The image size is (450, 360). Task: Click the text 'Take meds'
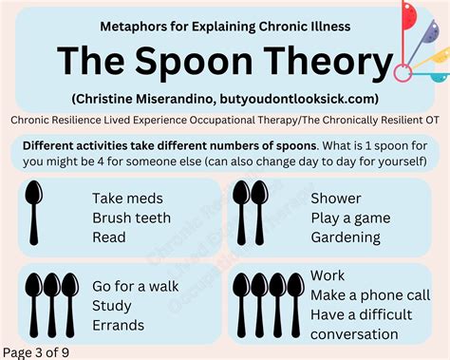[x=127, y=199]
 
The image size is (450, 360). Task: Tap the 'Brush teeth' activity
[x=132, y=218]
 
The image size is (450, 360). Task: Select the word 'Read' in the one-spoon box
[x=109, y=237]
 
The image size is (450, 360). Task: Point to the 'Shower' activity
[x=336, y=199]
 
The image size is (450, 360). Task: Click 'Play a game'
[x=349, y=218]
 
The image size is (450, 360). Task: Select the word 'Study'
[x=111, y=305]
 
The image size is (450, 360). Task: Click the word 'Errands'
[x=119, y=325]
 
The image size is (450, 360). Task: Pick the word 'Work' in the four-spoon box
[x=328, y=275]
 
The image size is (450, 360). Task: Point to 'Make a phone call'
[x=369, y=294]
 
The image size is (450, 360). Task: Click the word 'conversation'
[x=354, y=333]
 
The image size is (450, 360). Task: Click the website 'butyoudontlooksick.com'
[x=300, y=99]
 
